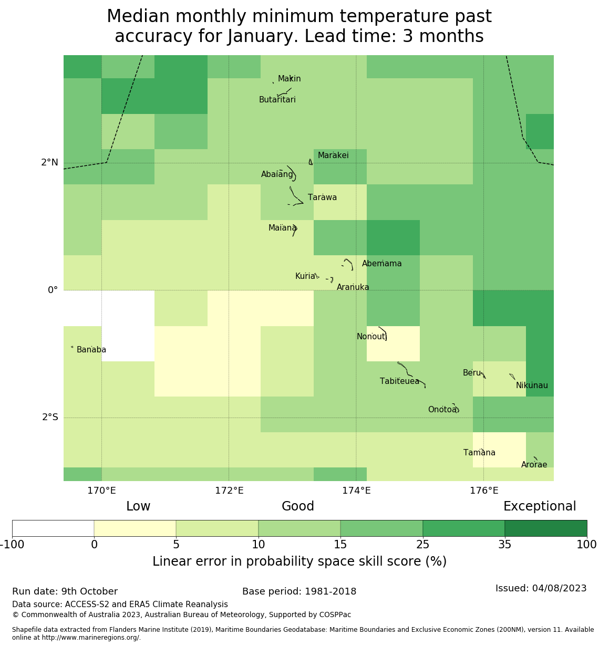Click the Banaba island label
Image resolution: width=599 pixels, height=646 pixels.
(91, 350)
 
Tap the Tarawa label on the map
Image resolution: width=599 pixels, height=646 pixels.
(322, 197)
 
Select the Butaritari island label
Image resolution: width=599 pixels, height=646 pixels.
(277, 100)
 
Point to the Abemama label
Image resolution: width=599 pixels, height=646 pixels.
(381, 264)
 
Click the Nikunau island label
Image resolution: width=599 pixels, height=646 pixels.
(532, 385)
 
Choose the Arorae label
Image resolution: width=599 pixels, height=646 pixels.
(534, 465)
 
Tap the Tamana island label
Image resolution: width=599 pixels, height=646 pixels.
(479, 453)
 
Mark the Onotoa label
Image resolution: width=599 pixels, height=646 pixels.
(442, 410)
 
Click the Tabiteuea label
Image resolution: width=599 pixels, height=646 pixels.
(399, 381)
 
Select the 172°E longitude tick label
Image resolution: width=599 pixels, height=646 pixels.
(229, 491)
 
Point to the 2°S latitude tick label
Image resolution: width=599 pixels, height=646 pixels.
(50, 418)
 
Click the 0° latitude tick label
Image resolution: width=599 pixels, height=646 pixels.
(53, 290)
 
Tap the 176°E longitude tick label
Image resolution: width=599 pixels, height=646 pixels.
(484, 491)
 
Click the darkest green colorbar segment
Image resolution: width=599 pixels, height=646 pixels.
(545, 528)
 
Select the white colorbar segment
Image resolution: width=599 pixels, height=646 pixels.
(53, 528)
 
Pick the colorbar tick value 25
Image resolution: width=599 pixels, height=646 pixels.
(422, 545)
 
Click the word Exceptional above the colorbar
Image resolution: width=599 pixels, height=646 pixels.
(540, 507)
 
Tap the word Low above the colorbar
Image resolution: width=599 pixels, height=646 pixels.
(138, 507)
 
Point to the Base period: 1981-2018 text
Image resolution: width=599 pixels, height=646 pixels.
(299, 592)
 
